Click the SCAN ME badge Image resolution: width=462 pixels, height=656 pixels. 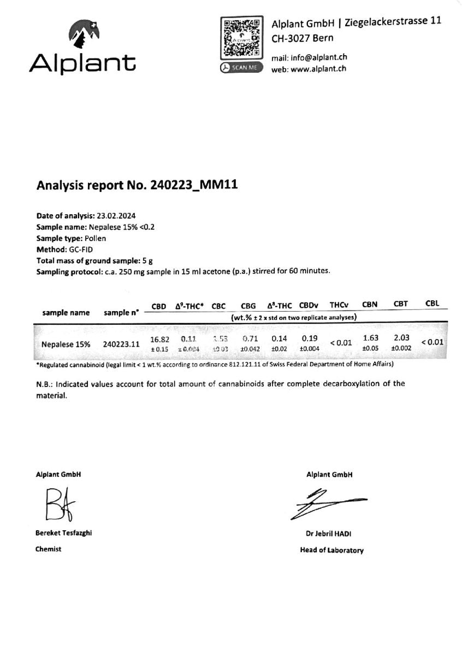[x=241, y=68]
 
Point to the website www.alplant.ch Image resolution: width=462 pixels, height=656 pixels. [x=318, y=69]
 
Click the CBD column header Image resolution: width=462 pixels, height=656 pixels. [x=158, y=307]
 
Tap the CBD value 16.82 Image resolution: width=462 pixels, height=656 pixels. [x=159, y=339]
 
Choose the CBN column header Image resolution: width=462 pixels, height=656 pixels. [x=370, y=304]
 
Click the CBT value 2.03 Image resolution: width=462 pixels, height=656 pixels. [x=401, y=338]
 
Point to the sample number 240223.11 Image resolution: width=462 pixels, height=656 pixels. [x=121, y=344]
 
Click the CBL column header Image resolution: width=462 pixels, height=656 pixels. [x=431, y=303]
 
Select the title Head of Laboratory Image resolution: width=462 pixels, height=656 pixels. [x=331, y=550]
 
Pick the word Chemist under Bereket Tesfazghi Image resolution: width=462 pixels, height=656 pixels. [x=49, y=549]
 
